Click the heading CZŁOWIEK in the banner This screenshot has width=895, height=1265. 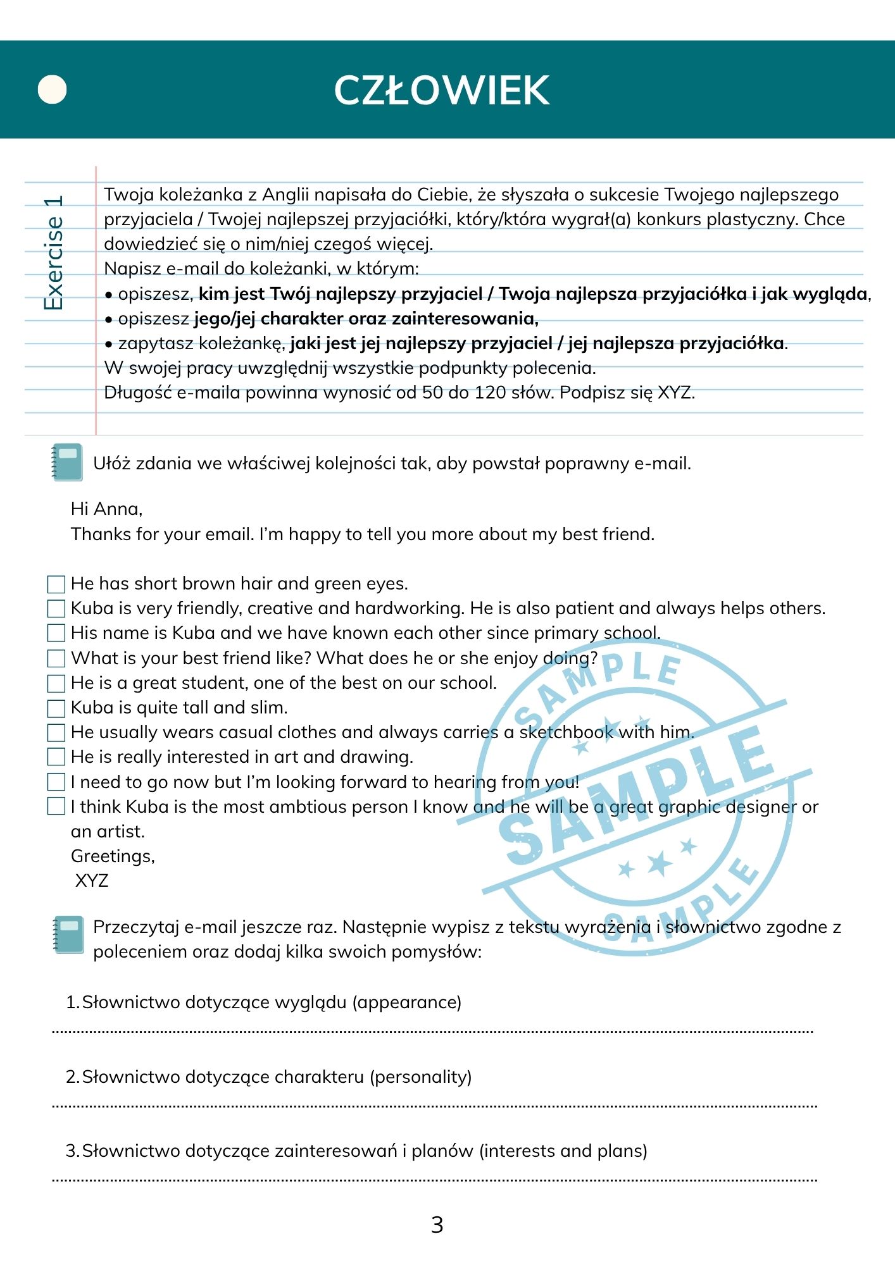tap(441, 90)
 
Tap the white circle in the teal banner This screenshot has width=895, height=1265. tap(52, 90)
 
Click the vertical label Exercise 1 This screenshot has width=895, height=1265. tap(54, 253)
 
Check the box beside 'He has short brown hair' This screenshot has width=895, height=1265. tap(56, 584)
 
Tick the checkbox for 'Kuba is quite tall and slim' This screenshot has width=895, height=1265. tap(56, 708)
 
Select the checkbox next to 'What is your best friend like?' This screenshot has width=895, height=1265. tap(56, 658)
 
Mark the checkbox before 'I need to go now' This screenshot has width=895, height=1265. tap(56, 782)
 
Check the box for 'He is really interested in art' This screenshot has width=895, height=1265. tap(56, 757)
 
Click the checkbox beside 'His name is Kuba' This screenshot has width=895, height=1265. tap(56, 633)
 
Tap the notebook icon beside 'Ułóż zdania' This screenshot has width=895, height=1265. tap(67, 462)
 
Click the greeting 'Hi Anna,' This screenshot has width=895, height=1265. tap(106, 509)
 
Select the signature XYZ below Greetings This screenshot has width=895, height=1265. tap(92, 881)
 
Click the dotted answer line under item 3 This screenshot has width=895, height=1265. tap(434, 1180)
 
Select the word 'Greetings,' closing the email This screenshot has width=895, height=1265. tap(113, 856)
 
